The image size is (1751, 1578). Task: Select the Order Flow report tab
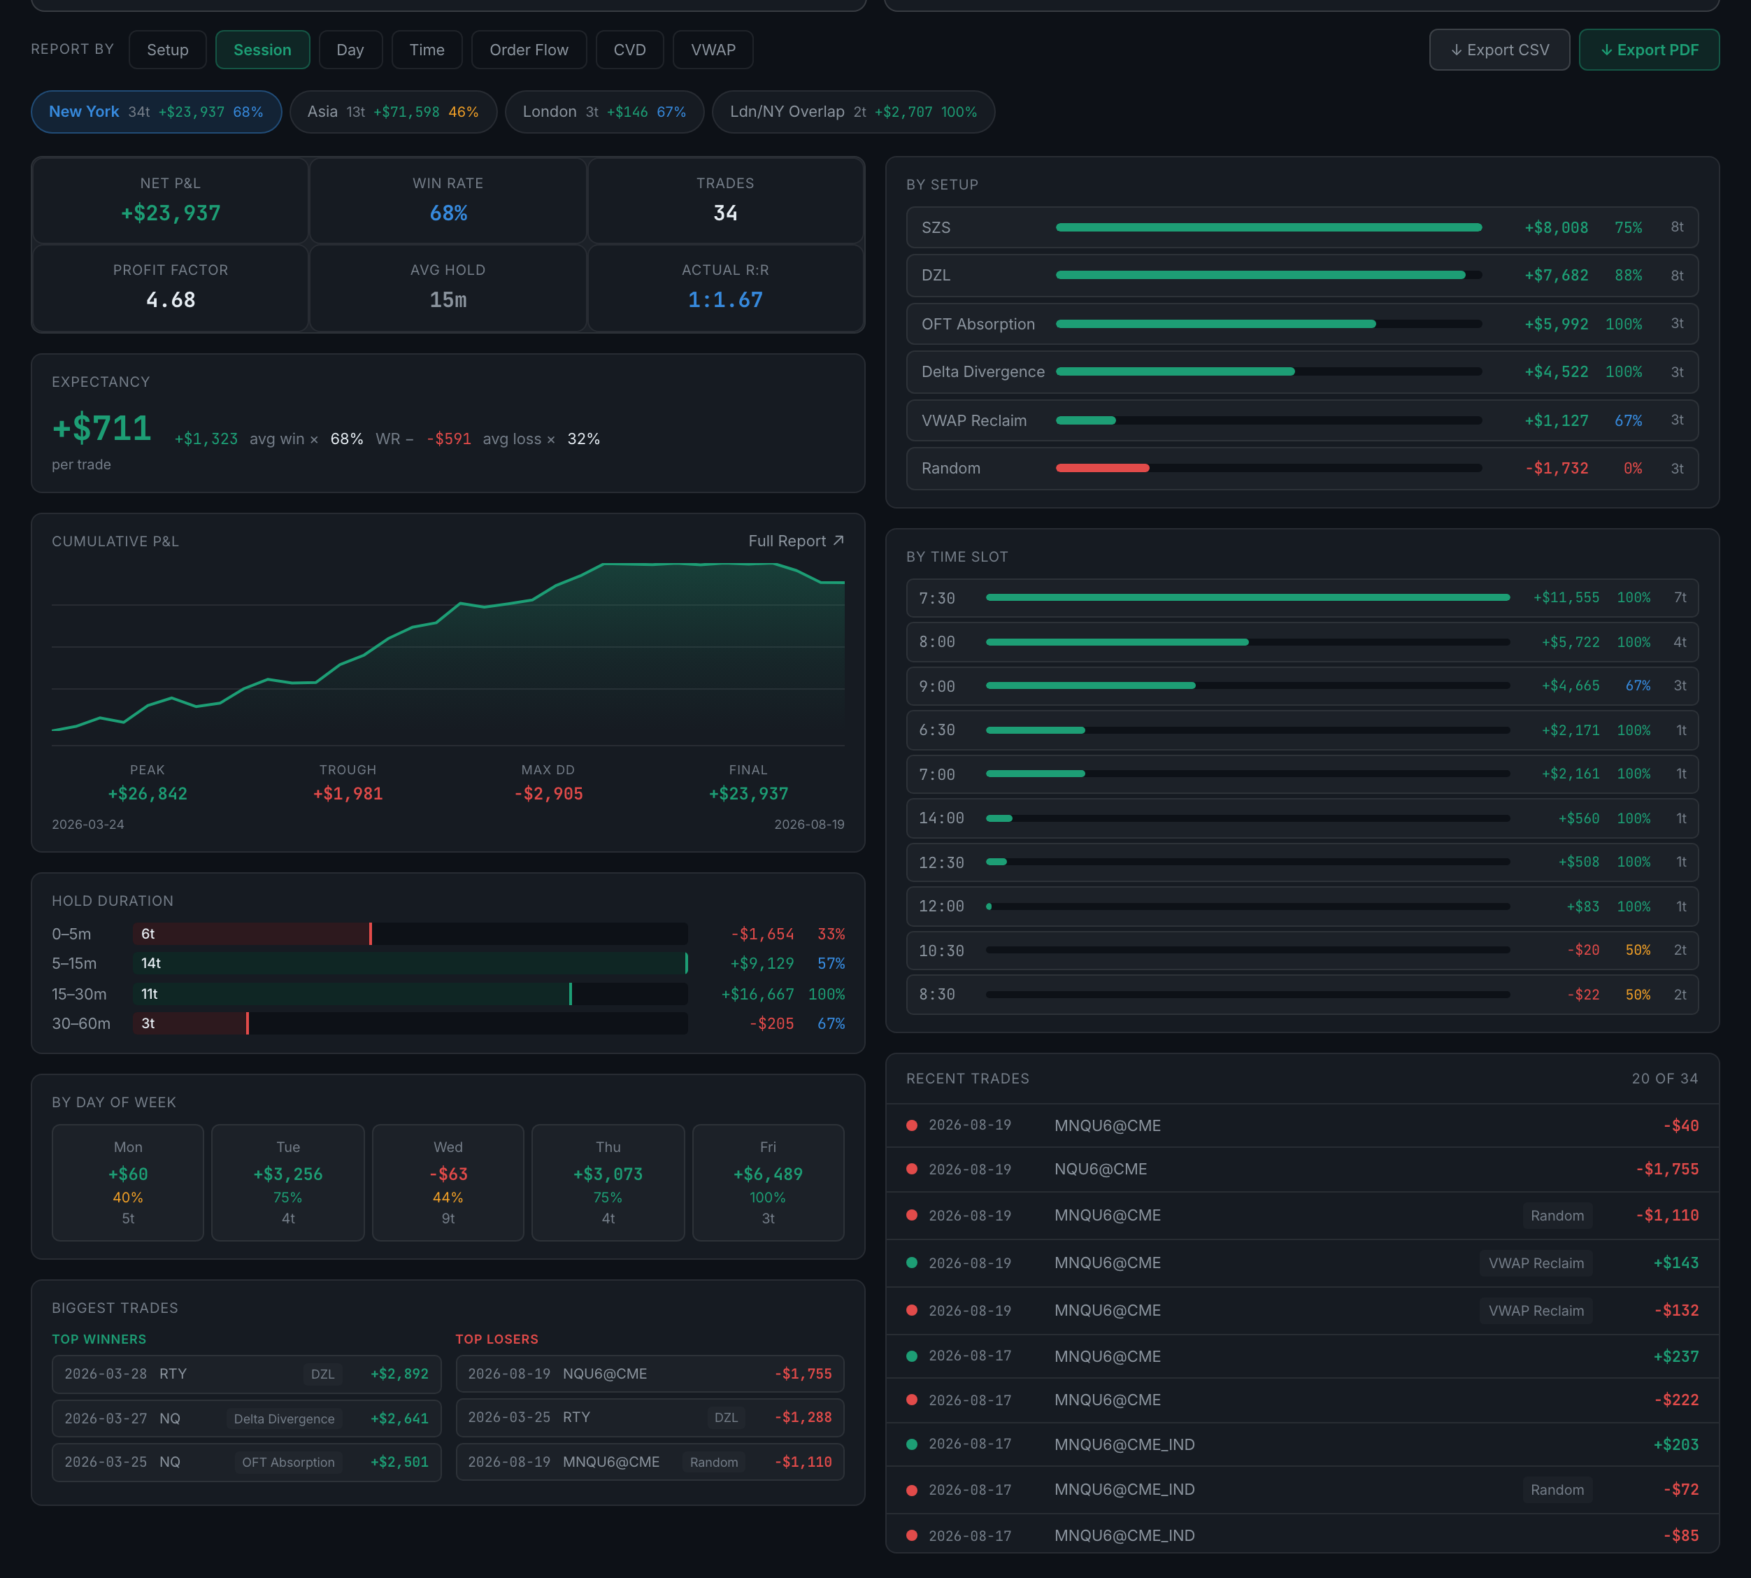pos(529,50)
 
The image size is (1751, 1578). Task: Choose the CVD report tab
pos(629,50)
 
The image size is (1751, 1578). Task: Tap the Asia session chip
pos(393,112)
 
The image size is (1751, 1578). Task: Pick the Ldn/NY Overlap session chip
pos(853,112)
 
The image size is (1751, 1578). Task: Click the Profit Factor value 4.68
pos(171,300)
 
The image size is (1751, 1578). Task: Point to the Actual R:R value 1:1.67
pos(726,300)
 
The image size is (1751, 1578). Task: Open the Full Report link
pos(796,541)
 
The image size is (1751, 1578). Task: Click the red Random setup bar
pos(1102,468)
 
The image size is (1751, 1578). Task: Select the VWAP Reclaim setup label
pos(973,420)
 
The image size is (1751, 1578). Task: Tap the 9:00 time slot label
pos(937,685)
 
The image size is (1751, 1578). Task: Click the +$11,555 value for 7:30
pos(1566,597)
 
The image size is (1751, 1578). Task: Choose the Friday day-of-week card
pos(768,1183)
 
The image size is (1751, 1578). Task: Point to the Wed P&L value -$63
pos(448,1174)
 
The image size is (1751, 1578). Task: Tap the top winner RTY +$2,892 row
pos(246,1373)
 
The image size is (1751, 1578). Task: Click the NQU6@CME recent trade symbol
pos(1100,1169)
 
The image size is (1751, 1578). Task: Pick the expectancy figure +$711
pos(101,427)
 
